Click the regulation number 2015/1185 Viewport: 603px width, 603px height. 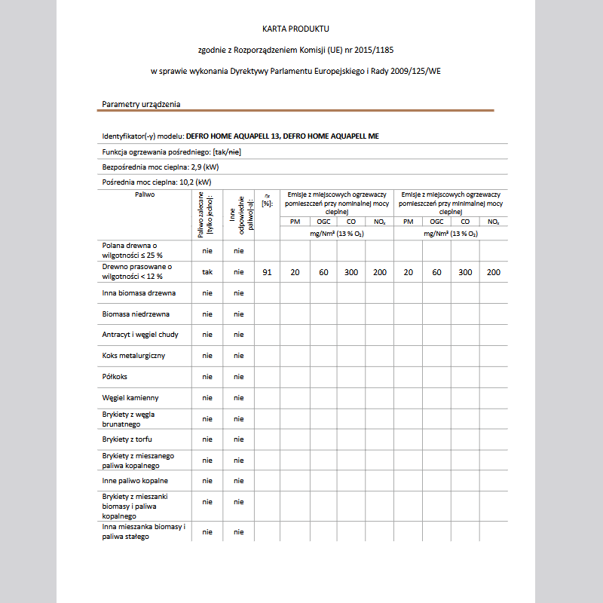tap(373, 50)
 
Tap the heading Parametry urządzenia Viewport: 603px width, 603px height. tap(141, 104)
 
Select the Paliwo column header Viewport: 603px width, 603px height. tap(145, 194)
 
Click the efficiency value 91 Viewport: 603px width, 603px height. tap(267, 272)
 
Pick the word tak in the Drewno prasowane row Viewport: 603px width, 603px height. tap(207, 272)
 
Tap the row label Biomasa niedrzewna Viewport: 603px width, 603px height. tap(136, 314)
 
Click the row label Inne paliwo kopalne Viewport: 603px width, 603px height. tap(135, 480)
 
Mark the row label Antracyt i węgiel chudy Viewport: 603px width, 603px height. tap(140, 335)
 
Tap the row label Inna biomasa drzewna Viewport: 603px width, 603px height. tap(139, 292)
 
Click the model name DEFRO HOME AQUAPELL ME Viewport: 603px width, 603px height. tap(331, 136)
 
